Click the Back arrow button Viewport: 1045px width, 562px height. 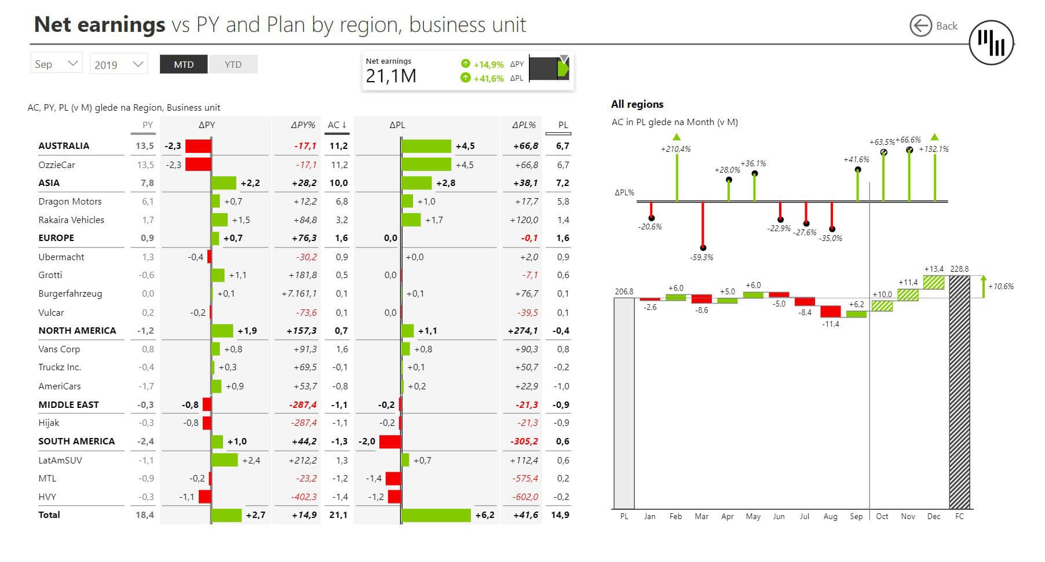click(920, 26)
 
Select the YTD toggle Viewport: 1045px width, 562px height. click(233, 64)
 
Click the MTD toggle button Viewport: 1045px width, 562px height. click(184, 64)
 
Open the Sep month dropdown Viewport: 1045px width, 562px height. click(56, 64)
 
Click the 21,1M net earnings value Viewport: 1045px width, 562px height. click(391, 76)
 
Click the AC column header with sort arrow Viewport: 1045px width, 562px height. click(337, 125)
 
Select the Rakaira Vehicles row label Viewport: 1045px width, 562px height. click(71, 220)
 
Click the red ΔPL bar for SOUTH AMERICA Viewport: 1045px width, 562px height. click(390, 441)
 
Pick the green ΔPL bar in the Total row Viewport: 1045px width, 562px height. click(436, 515)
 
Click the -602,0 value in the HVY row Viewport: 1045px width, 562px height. click(525, 497)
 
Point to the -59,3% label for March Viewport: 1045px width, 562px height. click(701, 257)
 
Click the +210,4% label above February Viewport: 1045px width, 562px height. click(675, 149)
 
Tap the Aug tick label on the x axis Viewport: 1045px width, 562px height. click(830, 516)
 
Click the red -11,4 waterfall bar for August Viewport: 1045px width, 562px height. click(830, 311)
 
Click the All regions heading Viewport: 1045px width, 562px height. click(637, 104)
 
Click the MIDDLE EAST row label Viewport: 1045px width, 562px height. click(68, 404)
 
